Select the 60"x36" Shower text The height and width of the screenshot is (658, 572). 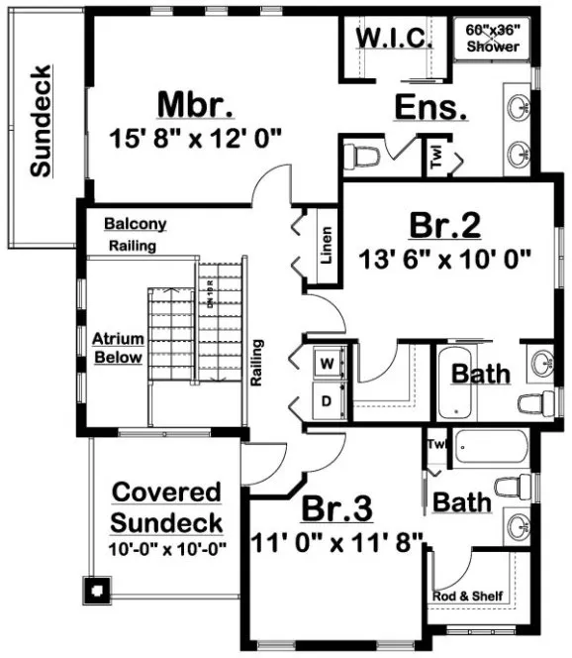pos(493,38)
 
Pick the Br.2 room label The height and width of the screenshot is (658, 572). pos(445,226)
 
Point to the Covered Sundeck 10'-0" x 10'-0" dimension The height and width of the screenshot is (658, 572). pos(166,547)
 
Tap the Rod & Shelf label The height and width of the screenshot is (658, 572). pos(469,596)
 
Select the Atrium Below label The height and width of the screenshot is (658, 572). pos(119,348)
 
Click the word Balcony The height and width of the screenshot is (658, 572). pos(136,224)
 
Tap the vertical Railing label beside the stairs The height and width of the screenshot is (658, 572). pos(258,363)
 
